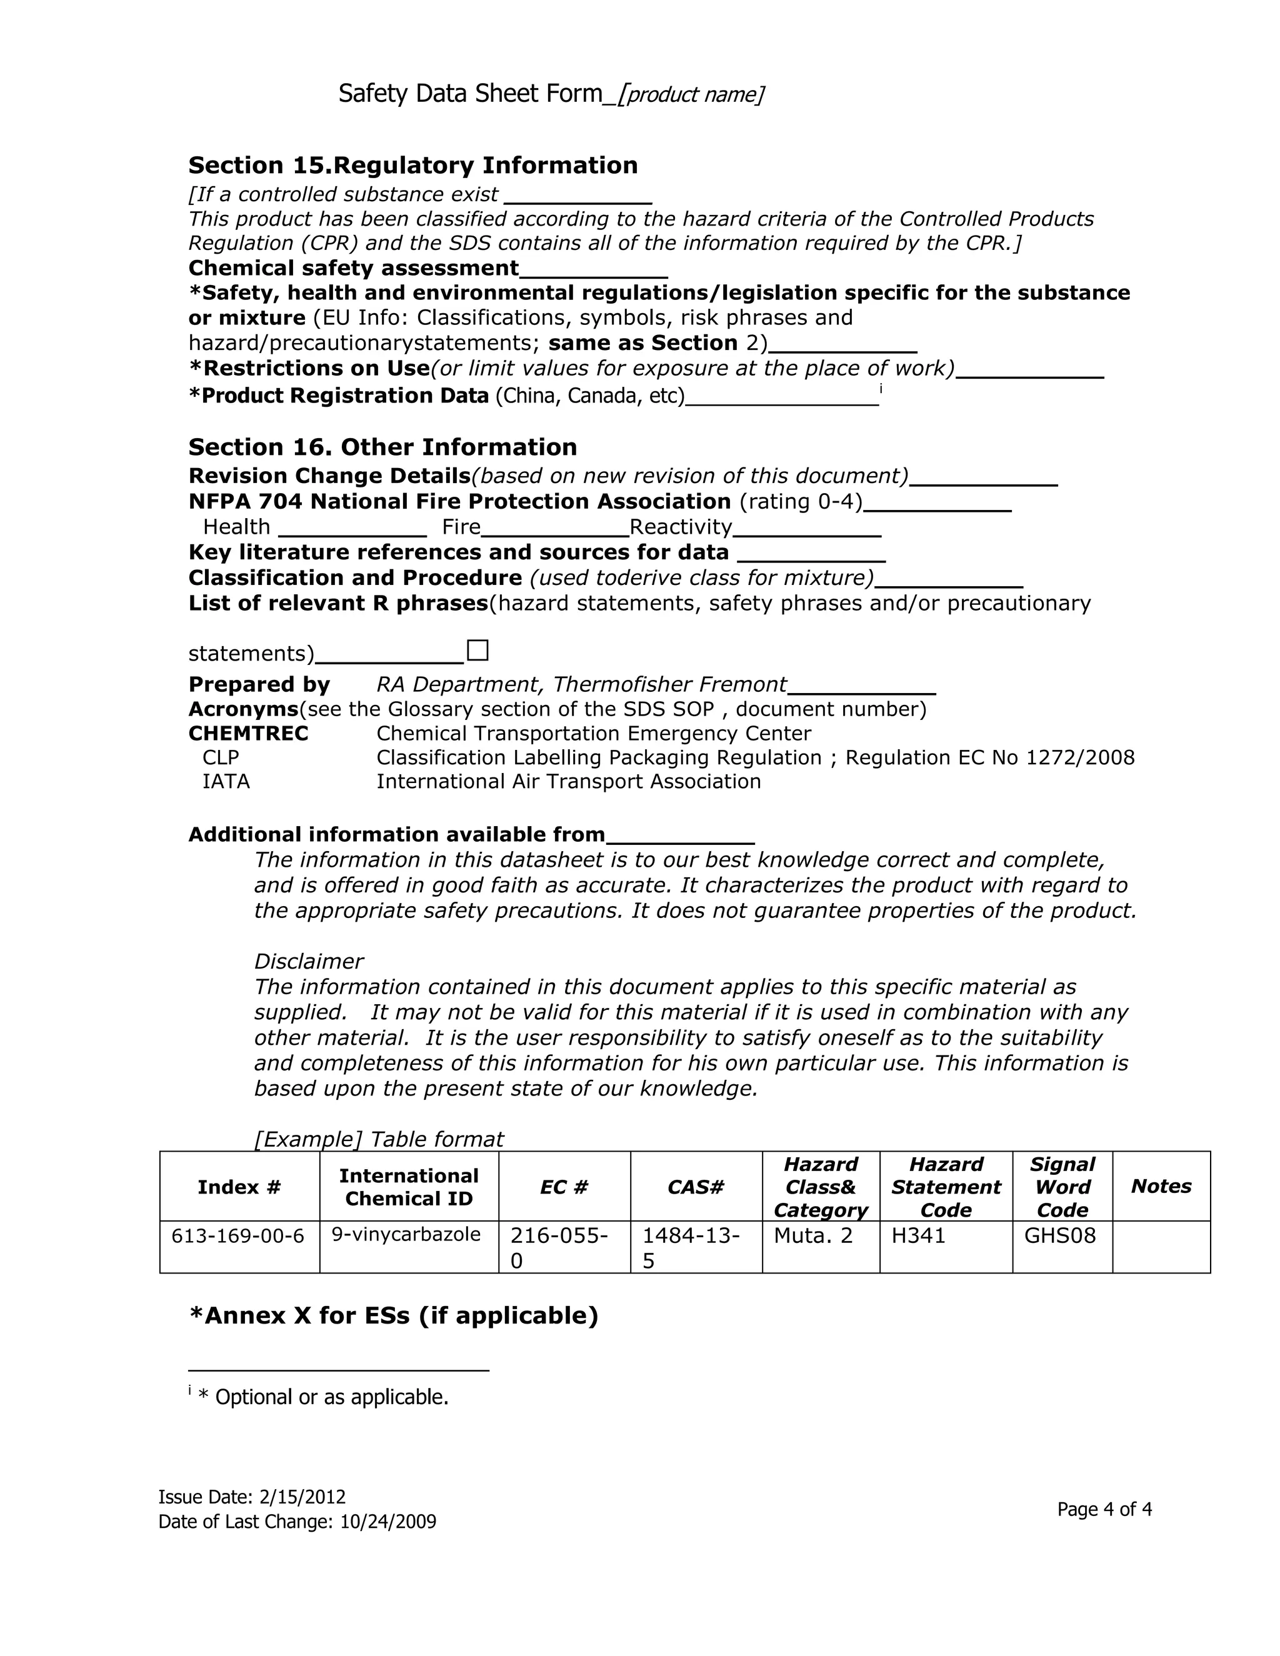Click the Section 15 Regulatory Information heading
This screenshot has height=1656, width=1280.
pos(412,166)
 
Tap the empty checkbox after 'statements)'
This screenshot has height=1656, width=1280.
pos(477,651)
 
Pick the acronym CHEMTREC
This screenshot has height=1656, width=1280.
pos(248,733)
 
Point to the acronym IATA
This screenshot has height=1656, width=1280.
pos(226,782)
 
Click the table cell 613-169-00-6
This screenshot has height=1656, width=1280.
pos(238,1237)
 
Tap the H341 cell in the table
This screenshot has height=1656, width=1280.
pos(918,1237)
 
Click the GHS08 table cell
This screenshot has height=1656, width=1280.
pos(1059,1237)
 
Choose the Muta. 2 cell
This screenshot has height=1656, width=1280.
pos(813,1237)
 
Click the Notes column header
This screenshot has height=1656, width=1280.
pos(1160,1187)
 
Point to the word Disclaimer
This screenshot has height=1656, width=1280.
pos(309,962)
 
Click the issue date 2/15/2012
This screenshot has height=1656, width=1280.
pos(302,1497)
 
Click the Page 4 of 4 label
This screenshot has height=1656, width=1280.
pos(1104,1509)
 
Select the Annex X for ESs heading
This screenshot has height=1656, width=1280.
pos(394,1315)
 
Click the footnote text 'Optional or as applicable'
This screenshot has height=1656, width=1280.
pos(331,1397)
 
